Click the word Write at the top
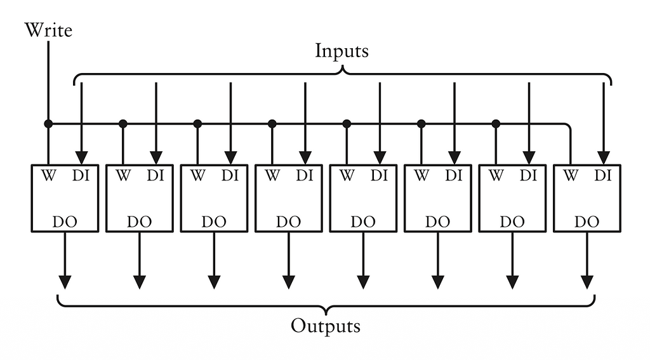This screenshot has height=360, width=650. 48,30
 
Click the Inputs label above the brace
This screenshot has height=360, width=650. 342,51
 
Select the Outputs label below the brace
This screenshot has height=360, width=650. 326,326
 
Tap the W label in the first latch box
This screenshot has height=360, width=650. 48,176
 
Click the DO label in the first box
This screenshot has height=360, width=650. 65,222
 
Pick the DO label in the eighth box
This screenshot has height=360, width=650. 587,222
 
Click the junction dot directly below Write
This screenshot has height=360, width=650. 48,123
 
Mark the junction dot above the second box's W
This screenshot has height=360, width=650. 123,123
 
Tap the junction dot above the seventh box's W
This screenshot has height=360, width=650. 496,123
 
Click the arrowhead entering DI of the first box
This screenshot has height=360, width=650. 81,157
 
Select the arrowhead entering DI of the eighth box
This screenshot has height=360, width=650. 603,157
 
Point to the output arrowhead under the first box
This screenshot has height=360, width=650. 65,281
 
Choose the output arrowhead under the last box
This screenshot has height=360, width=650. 587,281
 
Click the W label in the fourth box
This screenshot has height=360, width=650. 272,176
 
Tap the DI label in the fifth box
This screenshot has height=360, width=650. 379,176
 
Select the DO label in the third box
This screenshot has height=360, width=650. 214,222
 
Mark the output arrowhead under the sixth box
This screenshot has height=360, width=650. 437,281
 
